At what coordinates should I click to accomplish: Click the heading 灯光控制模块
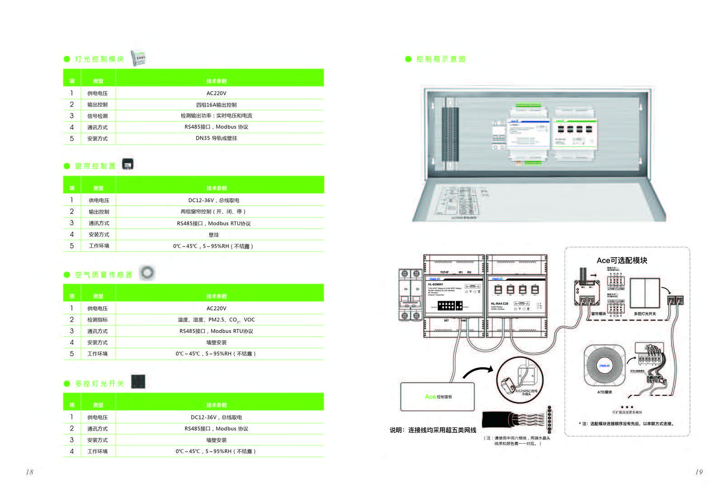tap(99, 59)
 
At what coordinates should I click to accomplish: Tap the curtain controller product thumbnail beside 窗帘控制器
tap(128, 164)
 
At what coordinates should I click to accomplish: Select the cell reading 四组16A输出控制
tap(216, 105)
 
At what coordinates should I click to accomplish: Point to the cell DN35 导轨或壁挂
tap(216, 138)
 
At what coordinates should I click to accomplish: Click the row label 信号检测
tap(97, 116)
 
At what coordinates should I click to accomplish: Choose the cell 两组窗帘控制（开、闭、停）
tap(213, 211)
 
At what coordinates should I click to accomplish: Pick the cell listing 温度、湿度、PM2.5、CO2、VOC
tap(216, 320)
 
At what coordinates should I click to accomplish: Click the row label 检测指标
tap(97, 320)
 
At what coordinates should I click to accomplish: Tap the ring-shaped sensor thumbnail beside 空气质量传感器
tap(147, 272)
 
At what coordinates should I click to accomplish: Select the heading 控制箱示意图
tap(440, 59)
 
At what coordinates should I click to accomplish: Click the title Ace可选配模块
tap(622, 260)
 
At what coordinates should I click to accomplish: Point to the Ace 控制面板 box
tap(438, 397)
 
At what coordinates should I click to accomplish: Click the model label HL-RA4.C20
tap(499, 304)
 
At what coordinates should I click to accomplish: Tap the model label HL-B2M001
tap(435, 284)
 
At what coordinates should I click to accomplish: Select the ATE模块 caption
tap(604, 392)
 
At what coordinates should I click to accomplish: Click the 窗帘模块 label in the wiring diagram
tap(598, 314)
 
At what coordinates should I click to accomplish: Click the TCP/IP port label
tap(444, 272)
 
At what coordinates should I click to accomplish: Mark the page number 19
tap(699, 472)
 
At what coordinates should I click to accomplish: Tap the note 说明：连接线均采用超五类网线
tap(433, 430)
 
